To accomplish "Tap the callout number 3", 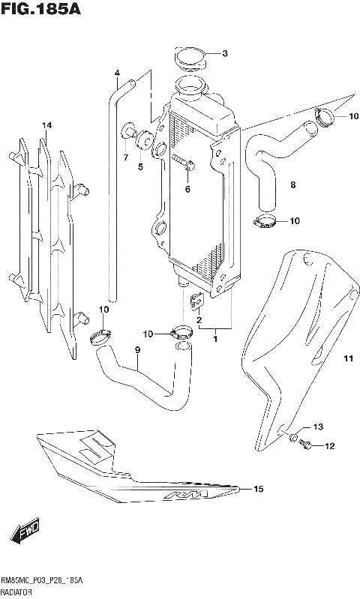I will click(x=224, y=53).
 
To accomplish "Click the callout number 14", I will click(x=46, y=125).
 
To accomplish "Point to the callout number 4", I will click(x=117, y=73).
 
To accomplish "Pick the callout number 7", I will click(x=125, y=157).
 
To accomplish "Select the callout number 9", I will click(x=137, y=350).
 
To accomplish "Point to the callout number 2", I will click(x=199, y=321).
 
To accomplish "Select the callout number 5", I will click(x=140, y=167).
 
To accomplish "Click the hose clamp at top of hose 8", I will click(x=326, y=117).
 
